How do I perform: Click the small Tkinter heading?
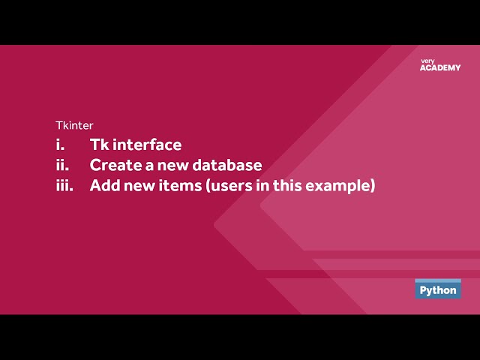(74, 125)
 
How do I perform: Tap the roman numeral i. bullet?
(60, 145)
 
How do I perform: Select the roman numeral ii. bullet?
(62, 165)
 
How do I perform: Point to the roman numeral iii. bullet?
(64, 185)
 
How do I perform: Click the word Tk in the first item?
(100, 145)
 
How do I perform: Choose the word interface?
(147, 145)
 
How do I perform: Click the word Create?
(115, 165)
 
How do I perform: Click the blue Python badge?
(438, 289)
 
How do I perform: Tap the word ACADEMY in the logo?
(440, 68)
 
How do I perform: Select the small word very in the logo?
(427, 61)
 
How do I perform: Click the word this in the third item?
(287, 185)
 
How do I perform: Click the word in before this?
(262, 185)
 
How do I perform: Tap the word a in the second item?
(149, 166)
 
